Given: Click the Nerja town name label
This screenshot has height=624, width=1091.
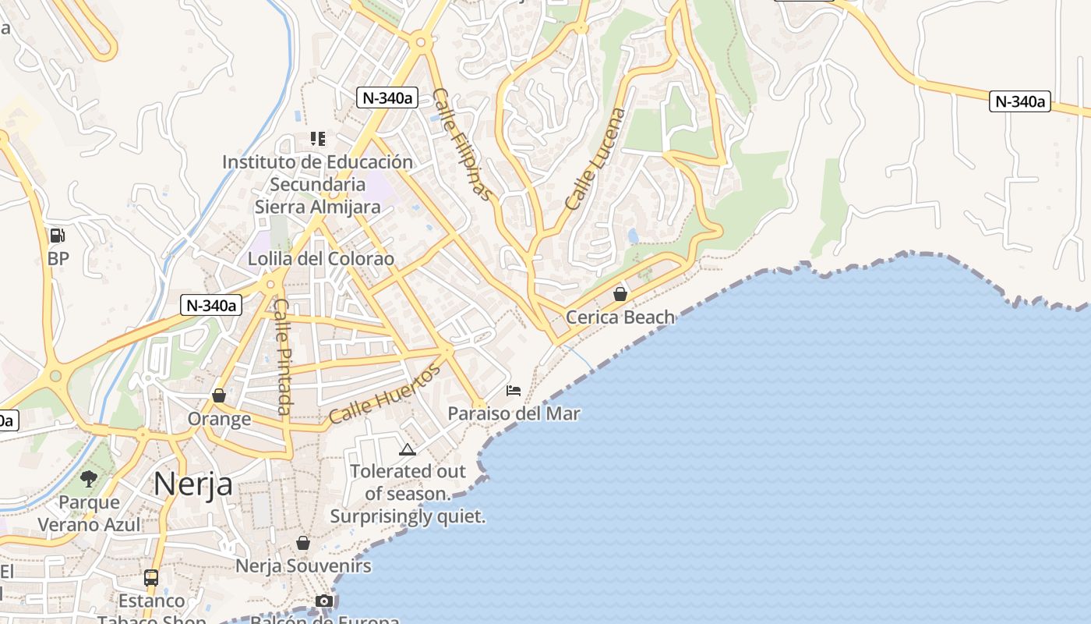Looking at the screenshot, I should pos(192,484).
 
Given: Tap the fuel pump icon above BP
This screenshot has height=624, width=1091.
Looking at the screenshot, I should pos(57,236).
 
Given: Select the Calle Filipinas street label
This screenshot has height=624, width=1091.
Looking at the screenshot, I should pos(463,144).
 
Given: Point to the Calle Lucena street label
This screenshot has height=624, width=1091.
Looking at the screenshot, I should pos(595,159).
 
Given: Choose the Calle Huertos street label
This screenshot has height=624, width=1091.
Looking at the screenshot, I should pos(385,394).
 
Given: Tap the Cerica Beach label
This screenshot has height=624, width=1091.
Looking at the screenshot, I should pos(620,317).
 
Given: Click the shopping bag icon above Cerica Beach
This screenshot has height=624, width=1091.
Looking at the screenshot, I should pos(620,294).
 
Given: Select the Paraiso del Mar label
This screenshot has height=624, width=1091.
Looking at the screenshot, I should pos(514,413).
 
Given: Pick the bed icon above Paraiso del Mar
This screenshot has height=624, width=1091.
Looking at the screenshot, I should pos(514,390).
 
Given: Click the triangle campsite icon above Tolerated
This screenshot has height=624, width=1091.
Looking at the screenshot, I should pos(407,449).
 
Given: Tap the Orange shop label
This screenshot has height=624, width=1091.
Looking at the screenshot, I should pos(219,419).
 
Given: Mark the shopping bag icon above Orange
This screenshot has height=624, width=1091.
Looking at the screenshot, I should pos(219,396).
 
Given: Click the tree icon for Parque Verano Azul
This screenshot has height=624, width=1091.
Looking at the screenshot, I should pos(89,478).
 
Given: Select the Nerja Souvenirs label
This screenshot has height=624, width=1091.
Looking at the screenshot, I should pos(303,565).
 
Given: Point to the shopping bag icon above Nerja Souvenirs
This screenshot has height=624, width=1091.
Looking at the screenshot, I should pos(303,543).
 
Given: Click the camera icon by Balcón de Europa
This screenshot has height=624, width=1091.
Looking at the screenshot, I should pos(324,601).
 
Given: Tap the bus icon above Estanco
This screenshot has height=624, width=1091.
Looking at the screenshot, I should pos(151,578).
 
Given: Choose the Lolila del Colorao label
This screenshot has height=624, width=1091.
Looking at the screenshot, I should pos(321,258).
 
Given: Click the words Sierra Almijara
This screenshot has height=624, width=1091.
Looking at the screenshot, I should pos(317,207).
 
